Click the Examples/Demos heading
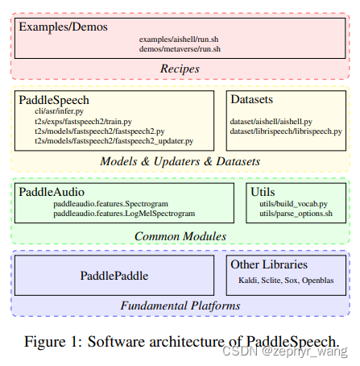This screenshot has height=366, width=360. tap(63, 27)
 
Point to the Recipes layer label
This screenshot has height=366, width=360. tap(180, 69)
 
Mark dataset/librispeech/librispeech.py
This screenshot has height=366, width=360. tap(286, 131)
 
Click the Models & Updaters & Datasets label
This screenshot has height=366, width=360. tap(180, 161)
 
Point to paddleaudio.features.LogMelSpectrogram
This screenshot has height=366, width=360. tap(124, 214)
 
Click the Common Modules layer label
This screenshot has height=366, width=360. tap(180, 236)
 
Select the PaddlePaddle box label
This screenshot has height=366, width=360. tap(114, 276)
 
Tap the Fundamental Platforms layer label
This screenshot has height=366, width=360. tap(180, 306)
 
